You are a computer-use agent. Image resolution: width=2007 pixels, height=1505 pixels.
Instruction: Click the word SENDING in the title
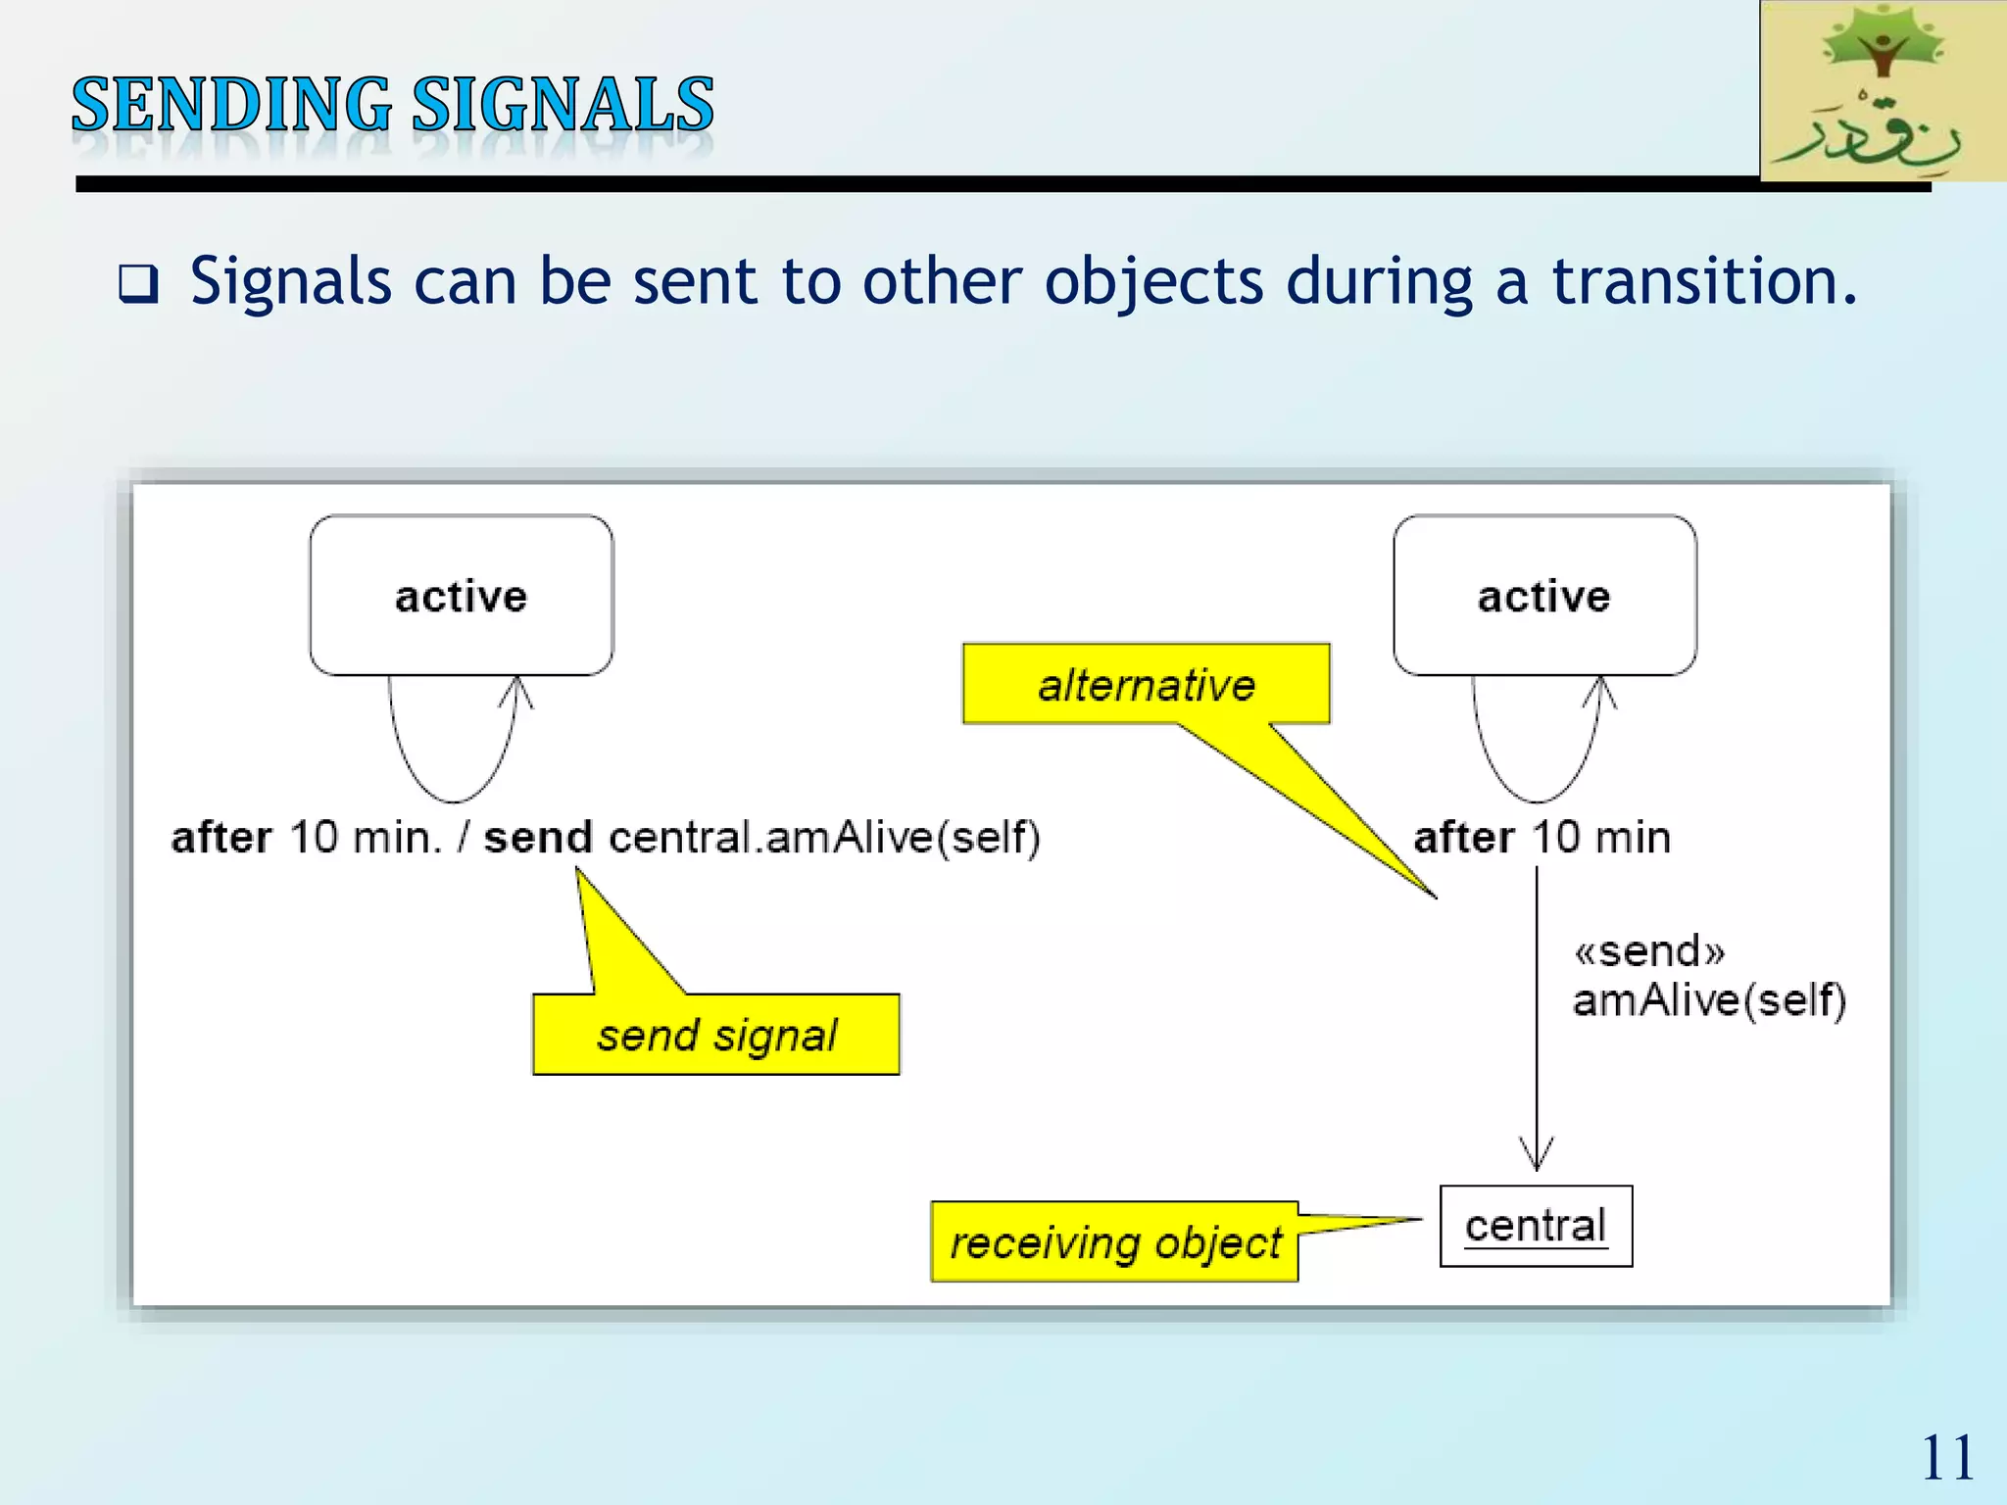coord(231,105)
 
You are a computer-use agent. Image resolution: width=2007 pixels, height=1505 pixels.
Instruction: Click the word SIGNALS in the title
coord(563,105)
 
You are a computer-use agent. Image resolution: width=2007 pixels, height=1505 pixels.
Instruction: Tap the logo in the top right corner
coord(1882,91)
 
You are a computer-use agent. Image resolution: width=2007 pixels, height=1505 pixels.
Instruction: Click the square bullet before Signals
coord(137,284)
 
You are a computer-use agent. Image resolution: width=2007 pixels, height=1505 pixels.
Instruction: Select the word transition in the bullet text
coord(1703,282)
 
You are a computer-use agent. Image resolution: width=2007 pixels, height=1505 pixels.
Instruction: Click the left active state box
coord(462,596)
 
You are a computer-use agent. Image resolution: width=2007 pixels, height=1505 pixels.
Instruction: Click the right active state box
coord(1544,596)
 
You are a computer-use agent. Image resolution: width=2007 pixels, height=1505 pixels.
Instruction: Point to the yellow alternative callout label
coord(1147,684)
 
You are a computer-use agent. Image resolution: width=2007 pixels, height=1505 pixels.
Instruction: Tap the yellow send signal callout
coord(716,1035)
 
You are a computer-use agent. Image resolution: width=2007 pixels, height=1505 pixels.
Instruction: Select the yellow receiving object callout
coord(1114,1242)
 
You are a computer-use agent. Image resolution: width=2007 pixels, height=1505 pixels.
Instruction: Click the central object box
coord(1536,1226)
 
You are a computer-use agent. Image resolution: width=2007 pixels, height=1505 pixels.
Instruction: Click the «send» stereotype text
coord(1649,951)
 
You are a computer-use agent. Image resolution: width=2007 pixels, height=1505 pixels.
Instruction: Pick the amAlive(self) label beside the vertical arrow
coord(1709,1000)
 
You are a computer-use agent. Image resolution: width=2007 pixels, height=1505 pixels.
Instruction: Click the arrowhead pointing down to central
coord(1537,1156)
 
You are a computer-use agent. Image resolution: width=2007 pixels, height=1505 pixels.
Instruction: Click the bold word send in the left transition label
coord(538,838)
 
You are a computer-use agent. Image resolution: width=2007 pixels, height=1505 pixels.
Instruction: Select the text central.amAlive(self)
coord(824,838)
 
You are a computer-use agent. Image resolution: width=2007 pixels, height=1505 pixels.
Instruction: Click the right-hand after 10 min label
coord(1542,838)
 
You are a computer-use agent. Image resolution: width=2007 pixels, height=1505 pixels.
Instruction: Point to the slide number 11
coord(1946,1458)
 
